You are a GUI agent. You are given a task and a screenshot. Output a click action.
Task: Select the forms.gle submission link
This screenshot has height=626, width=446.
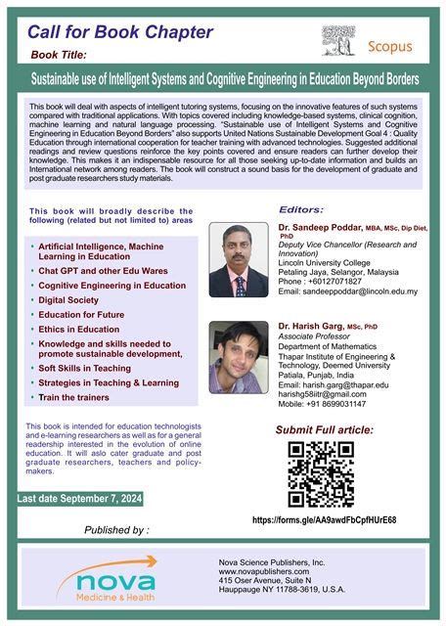pos(324,520)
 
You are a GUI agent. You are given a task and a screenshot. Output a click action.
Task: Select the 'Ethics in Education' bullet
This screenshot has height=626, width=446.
pos(81,330)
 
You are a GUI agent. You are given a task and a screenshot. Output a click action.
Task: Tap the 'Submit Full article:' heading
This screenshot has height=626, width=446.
pos(325,430)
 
